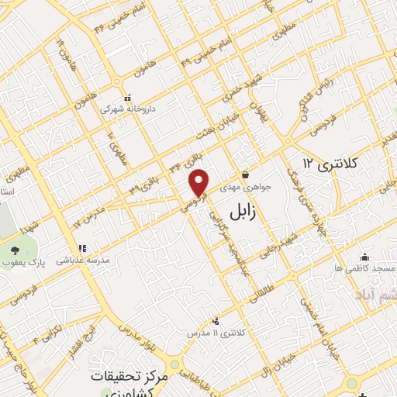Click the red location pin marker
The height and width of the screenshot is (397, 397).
tap(199, 181)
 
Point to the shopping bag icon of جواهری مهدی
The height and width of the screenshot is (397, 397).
tap(245, 175)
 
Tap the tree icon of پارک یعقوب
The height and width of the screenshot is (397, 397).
tap(16, 249)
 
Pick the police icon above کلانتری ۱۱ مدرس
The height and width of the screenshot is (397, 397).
tap(216, 320)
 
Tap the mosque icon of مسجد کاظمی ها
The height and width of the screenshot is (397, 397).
tap(365, 257)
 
